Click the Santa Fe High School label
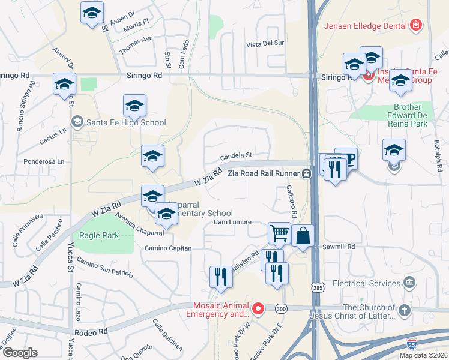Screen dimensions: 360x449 126,123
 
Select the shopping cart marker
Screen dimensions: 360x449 279,233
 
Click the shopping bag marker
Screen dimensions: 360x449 303,235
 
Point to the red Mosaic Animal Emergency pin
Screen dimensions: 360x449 258,309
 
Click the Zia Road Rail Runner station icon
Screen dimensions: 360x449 306,173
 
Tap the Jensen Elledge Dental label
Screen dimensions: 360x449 366,25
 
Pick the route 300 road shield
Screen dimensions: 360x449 280,308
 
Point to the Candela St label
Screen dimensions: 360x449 235,155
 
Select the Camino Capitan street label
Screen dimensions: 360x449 167,248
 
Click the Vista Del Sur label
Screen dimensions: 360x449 265,44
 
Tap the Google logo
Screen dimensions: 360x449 20,352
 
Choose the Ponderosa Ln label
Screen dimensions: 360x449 43,161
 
